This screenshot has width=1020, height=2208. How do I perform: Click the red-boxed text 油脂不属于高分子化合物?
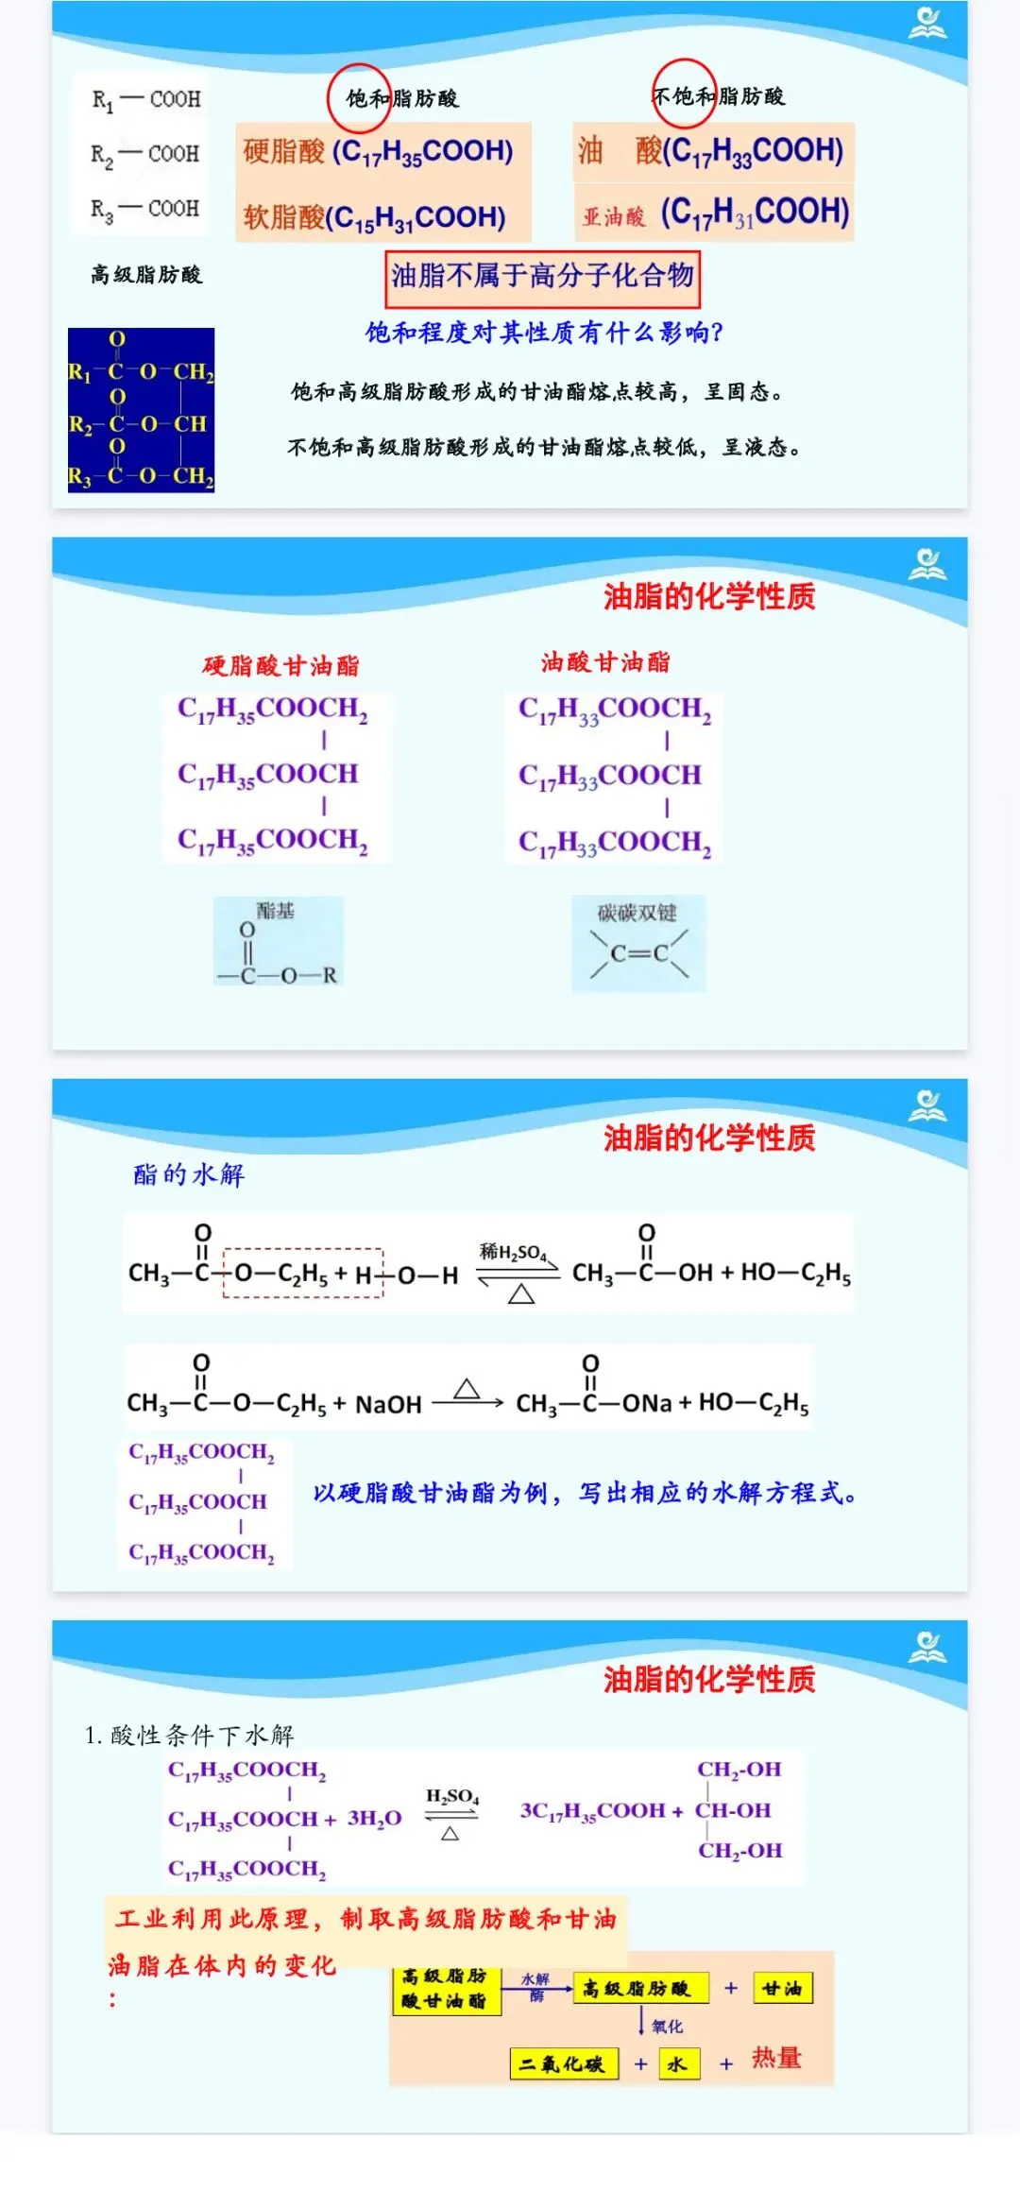point(542,277)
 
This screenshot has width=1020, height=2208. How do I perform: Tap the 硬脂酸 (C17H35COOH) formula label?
point(379,151)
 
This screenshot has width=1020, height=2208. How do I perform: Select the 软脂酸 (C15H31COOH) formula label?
point(375,217)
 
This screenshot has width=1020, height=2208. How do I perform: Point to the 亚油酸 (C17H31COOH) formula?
point(715,213)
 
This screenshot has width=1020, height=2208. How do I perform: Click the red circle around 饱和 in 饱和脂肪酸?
point(358,96)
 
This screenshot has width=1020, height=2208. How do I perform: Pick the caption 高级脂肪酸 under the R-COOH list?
point(146,275)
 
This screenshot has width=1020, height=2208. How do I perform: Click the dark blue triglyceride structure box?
point(141,409)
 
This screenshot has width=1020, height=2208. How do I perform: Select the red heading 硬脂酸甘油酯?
point(280,666)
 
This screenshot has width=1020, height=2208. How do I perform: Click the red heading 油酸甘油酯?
point(605,662)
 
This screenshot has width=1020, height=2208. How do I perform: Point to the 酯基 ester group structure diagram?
point(278,943)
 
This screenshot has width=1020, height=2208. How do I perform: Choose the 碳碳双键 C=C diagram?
point(638,943)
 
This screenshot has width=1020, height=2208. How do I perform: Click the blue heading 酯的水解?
point(189,1174)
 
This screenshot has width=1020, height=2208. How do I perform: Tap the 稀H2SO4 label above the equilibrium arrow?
point(513,1253)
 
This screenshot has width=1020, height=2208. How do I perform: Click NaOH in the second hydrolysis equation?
point(388,1404)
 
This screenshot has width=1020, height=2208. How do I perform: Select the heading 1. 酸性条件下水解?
point(190,1735)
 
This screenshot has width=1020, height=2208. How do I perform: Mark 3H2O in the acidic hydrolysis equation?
point(374,1818)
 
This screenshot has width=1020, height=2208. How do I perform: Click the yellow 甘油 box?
point(782,1989)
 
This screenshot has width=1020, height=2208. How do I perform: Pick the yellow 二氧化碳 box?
point(563,2064)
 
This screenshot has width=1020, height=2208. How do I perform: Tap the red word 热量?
point(776,2058)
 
